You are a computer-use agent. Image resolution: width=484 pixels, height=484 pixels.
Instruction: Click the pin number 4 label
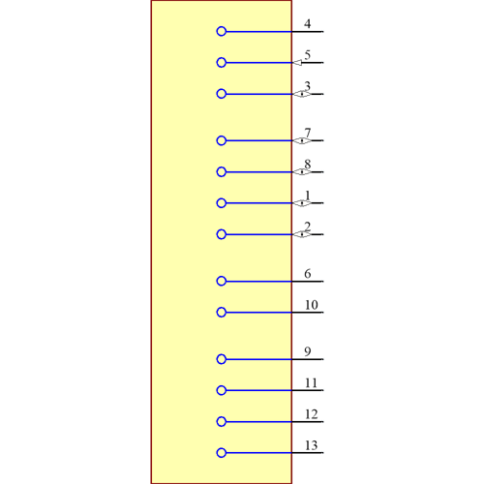[308, 24]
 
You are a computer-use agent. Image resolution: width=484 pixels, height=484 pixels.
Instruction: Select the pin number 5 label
[308, 55]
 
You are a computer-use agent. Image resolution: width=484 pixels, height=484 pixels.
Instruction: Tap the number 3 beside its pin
[308, 87]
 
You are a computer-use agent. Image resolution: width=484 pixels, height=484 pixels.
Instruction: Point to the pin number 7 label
[308, 134]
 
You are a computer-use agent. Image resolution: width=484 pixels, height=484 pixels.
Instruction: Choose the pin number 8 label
[308, 165]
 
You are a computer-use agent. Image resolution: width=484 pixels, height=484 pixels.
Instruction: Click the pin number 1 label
[308, 196]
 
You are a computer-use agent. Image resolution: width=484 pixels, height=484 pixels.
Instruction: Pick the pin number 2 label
[308, 227]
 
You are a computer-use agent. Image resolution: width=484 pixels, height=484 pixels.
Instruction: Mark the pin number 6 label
[308, 274]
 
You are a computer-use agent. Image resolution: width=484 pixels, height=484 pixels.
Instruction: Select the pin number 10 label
[311, 305]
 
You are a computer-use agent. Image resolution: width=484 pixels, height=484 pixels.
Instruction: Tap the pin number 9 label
[308, 351]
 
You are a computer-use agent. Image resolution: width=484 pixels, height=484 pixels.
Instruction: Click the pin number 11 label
[311, 383]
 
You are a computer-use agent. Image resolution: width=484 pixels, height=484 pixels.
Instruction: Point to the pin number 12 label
[311, 414]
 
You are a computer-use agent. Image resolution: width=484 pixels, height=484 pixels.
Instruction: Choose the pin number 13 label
[311, 445]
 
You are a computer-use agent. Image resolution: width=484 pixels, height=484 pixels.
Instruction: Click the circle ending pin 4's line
[222, 32]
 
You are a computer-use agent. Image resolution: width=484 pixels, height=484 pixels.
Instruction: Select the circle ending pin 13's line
[222, 453]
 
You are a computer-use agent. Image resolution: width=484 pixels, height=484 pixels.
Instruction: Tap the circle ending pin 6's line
[222, 282]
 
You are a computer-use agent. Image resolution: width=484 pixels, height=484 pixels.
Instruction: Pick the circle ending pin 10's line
[222, 313]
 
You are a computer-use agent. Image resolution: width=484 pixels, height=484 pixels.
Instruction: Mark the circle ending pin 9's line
[222, 359]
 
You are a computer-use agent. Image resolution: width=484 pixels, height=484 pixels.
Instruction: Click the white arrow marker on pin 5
[297, 63]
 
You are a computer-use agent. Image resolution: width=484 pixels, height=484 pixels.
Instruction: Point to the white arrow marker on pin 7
[297, 141]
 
